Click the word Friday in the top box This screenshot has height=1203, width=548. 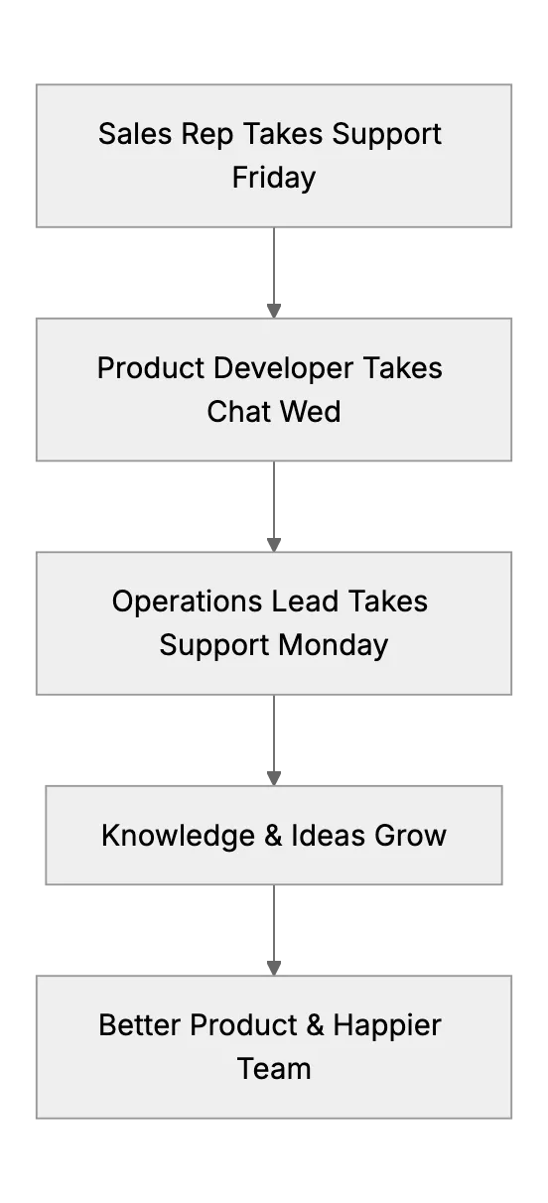click(274, 179)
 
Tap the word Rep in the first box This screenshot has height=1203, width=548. click(206, 135)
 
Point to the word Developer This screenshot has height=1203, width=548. click(284, 369)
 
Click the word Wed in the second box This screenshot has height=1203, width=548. click(311, 412)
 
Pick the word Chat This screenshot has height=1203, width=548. click(239, 412)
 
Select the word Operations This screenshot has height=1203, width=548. click(187, 602)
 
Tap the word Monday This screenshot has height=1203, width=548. click(334, 646)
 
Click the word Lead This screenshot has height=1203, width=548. click(305, 601)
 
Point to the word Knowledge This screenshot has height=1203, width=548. click(178, 836)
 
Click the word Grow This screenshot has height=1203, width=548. click(410, 836)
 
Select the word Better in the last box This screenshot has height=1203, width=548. click(140, 1025)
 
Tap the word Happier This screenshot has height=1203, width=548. click(387, 1026)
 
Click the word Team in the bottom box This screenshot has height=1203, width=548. click(274, 1069)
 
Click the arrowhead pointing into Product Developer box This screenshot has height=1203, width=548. click(274, 311)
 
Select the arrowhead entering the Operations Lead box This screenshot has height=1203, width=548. click(274, 545)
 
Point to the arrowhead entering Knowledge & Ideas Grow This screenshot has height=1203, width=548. click(274, 779)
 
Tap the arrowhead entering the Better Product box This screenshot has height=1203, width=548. click(274, 969)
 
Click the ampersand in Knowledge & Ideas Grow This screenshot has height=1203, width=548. click(273, 836)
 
